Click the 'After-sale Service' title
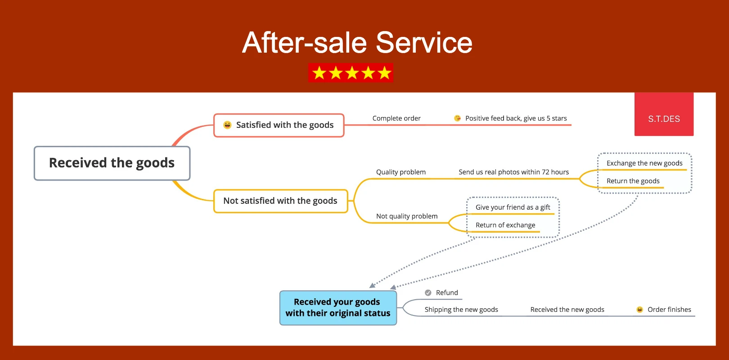click(x=357, y=43)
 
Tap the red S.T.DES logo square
click(x=664, y=114)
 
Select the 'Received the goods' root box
click(x=112, y=163)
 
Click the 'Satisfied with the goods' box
click(x=279, y=125)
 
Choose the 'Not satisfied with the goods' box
click(x=280, y=201)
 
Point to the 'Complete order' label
click(x=396, y=118)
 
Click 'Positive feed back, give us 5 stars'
click(x=516, y=118)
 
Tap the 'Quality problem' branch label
click(x=401, y=172)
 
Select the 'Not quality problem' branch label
click(x=407, y=216)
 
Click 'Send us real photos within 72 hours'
click(x=513, y=172)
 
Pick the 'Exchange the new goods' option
click(x=644, y=163)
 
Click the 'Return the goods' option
click(x=633, y=181)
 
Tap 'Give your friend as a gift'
click(x=513, y=207)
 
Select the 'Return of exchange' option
click(x=505, y=225)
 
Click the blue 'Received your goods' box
click(x=338, y=308)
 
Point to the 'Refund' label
click(x=447, y=292)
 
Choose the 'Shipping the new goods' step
click(x=461, y=310)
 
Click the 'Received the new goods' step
click(x=567, y=310)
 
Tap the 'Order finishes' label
click(x=669, y=310)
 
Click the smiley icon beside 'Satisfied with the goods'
click(x=228, y=125)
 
